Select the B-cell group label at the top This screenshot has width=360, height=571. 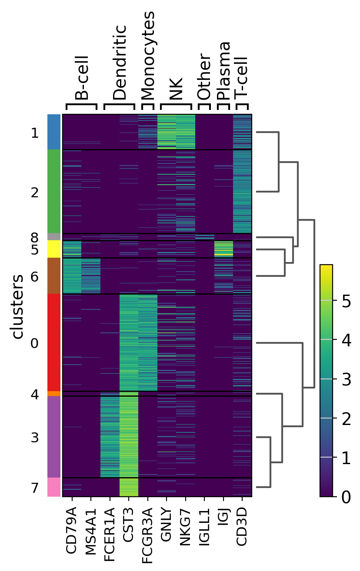pyautogui.click(x=81, y=78)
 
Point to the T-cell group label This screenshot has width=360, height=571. pyautogui.click(x=241, y=76)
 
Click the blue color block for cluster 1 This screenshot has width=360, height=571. pyautogui.click(x=54, y=132)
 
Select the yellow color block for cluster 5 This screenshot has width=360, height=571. pyautogui.click(x=54, y=249)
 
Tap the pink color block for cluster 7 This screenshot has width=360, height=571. pyautogui.click(x=54, y=487)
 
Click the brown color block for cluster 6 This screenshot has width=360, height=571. pyautogui.click(x=54, y=276)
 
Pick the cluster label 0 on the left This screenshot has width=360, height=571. pyautogui.click(x=35, y=344)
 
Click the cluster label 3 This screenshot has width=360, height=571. pyautogui.click(x=35, y=438)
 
